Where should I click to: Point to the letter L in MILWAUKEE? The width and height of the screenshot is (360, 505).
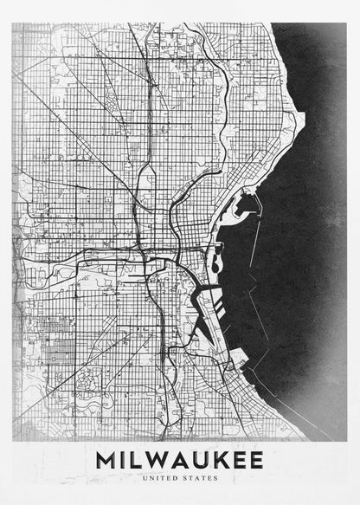pyautogui.click(x=134, y=458)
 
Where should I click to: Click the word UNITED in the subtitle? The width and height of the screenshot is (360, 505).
pyautogui.click(x=160, y=477)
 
